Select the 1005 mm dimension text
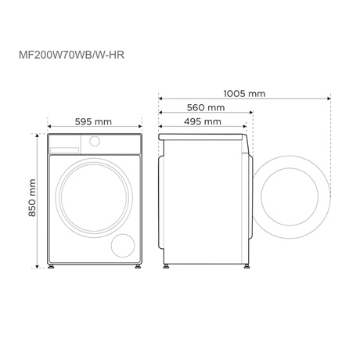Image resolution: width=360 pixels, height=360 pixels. point(243,94)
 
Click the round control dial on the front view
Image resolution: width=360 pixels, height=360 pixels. point(95,142)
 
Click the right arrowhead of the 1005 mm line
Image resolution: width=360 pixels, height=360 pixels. point(326,99)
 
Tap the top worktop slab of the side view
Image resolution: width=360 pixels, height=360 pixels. point(202,136)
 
